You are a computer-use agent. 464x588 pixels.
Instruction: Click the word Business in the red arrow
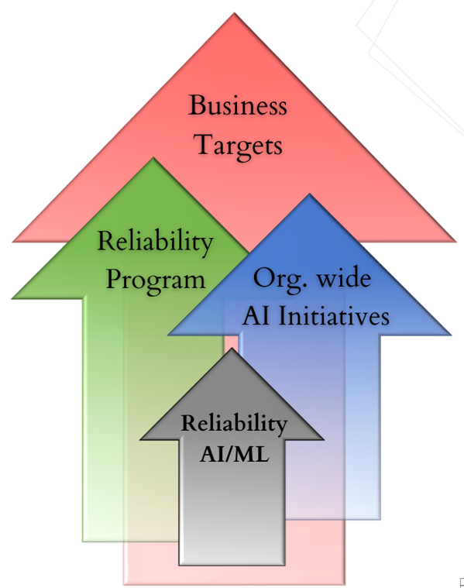coord(238,105)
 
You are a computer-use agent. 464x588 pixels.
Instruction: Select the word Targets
coord(238,146)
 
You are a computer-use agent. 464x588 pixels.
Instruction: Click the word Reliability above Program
coord(155,242)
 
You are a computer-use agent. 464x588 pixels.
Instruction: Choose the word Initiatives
coord(333,316)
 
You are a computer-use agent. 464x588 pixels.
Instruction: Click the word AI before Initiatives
coord(257,316)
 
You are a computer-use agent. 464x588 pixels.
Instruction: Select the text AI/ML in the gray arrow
coord(235,454)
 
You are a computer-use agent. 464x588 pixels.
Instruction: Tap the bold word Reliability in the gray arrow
coord(234,424)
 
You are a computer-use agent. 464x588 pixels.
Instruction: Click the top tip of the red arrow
coord(235,13)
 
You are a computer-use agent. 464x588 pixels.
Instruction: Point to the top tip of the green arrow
coord(153,158)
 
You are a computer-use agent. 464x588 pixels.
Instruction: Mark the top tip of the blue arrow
coord(309,194)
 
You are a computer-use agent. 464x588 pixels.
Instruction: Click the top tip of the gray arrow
coord(232,349)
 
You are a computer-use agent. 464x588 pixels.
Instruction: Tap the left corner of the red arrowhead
coord(13,242)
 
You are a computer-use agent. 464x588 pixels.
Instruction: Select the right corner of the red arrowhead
coord(455,242)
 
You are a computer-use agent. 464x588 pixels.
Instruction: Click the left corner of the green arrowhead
coord(12,298)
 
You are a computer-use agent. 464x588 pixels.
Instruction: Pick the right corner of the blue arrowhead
coord(451,335)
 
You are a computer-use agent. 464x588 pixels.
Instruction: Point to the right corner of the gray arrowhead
coord(323,439)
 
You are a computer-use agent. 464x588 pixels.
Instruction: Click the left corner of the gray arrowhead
coord(140,439)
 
